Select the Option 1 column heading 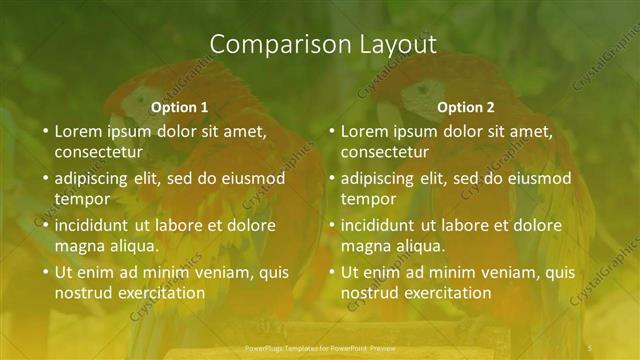(x=180, y=107)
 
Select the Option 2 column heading (x=466, y=107)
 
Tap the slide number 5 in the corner (x=591, y=347)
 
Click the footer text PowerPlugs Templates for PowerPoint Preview (x=321, y=347)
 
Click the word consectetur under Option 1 (x=98, y=153)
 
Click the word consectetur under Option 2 (x=384, y=153)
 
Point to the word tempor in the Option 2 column (x=366, y=199)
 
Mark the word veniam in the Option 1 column (x=200, y=272)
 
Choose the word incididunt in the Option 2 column (x=379, y=225)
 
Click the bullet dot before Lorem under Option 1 (x=43, y=132)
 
